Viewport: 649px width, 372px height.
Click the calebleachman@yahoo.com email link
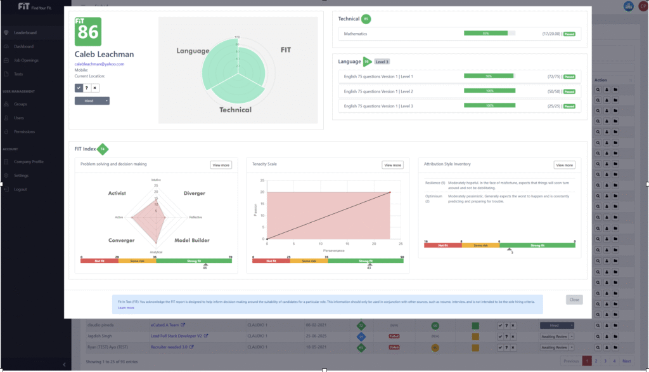click(100, 64)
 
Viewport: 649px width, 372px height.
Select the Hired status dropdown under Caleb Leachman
click(92, 100)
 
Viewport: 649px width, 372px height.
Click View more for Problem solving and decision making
click(221, 165)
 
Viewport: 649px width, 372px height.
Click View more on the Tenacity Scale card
click(392, 165)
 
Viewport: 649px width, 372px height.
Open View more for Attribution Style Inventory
click(564, 165)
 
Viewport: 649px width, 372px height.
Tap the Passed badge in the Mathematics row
click(569, 34)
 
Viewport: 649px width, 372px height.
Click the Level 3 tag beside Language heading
click(382, 62)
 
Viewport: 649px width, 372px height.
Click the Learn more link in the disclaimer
click(126, 307)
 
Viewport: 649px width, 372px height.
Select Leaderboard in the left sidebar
click(25, 32)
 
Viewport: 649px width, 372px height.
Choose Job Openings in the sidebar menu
click(26, 60)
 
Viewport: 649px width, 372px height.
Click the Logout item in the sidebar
click(20, 189)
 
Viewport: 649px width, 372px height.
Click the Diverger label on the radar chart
click(194, 193)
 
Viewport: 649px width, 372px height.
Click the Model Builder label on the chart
click(192, 240)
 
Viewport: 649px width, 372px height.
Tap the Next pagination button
click(626, 361)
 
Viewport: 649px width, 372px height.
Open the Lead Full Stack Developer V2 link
click(172, 335)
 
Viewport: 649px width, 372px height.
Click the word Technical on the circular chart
click(235, 110)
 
